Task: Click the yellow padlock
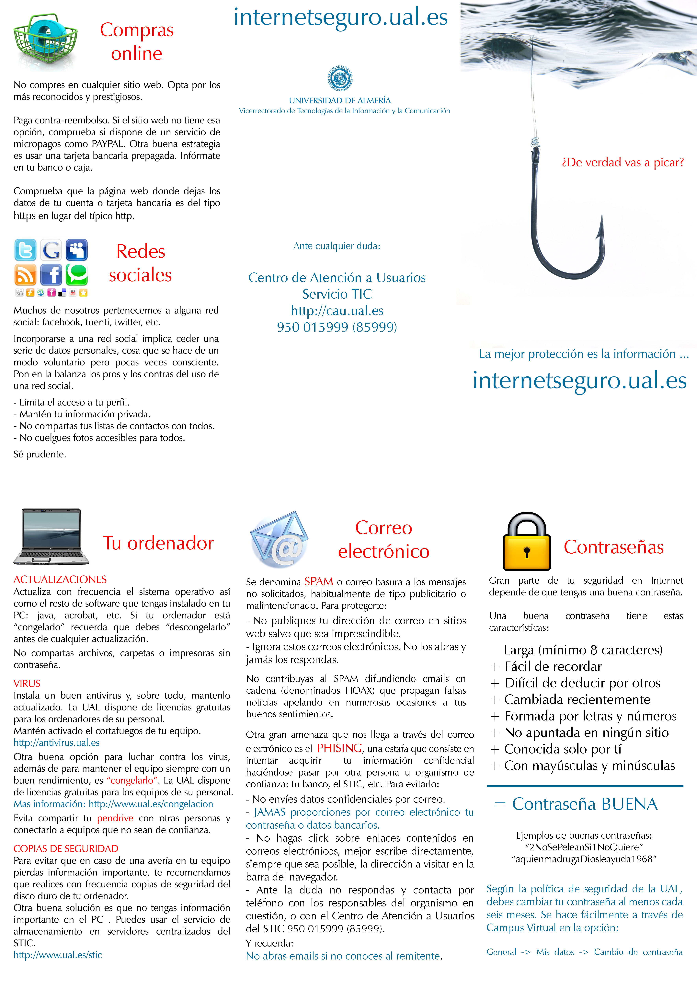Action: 527,542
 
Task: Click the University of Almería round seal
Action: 340,78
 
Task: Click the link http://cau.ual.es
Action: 337,310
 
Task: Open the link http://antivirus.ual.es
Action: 56,742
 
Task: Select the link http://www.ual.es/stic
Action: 58,955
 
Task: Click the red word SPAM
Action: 319,582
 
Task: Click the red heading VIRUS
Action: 27,684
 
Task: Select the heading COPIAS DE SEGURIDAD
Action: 65,849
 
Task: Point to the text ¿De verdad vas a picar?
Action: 623,163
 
